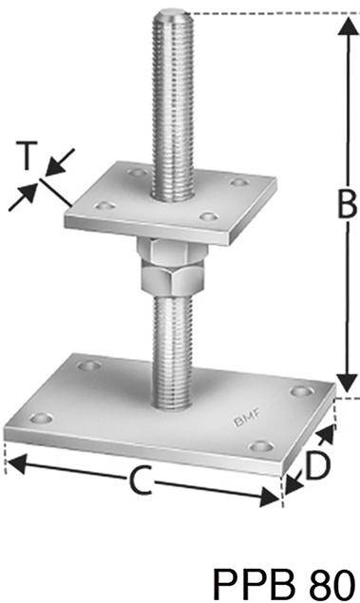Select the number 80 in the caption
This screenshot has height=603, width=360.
point(327,578)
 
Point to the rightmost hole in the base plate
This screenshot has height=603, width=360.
point(302,390)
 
